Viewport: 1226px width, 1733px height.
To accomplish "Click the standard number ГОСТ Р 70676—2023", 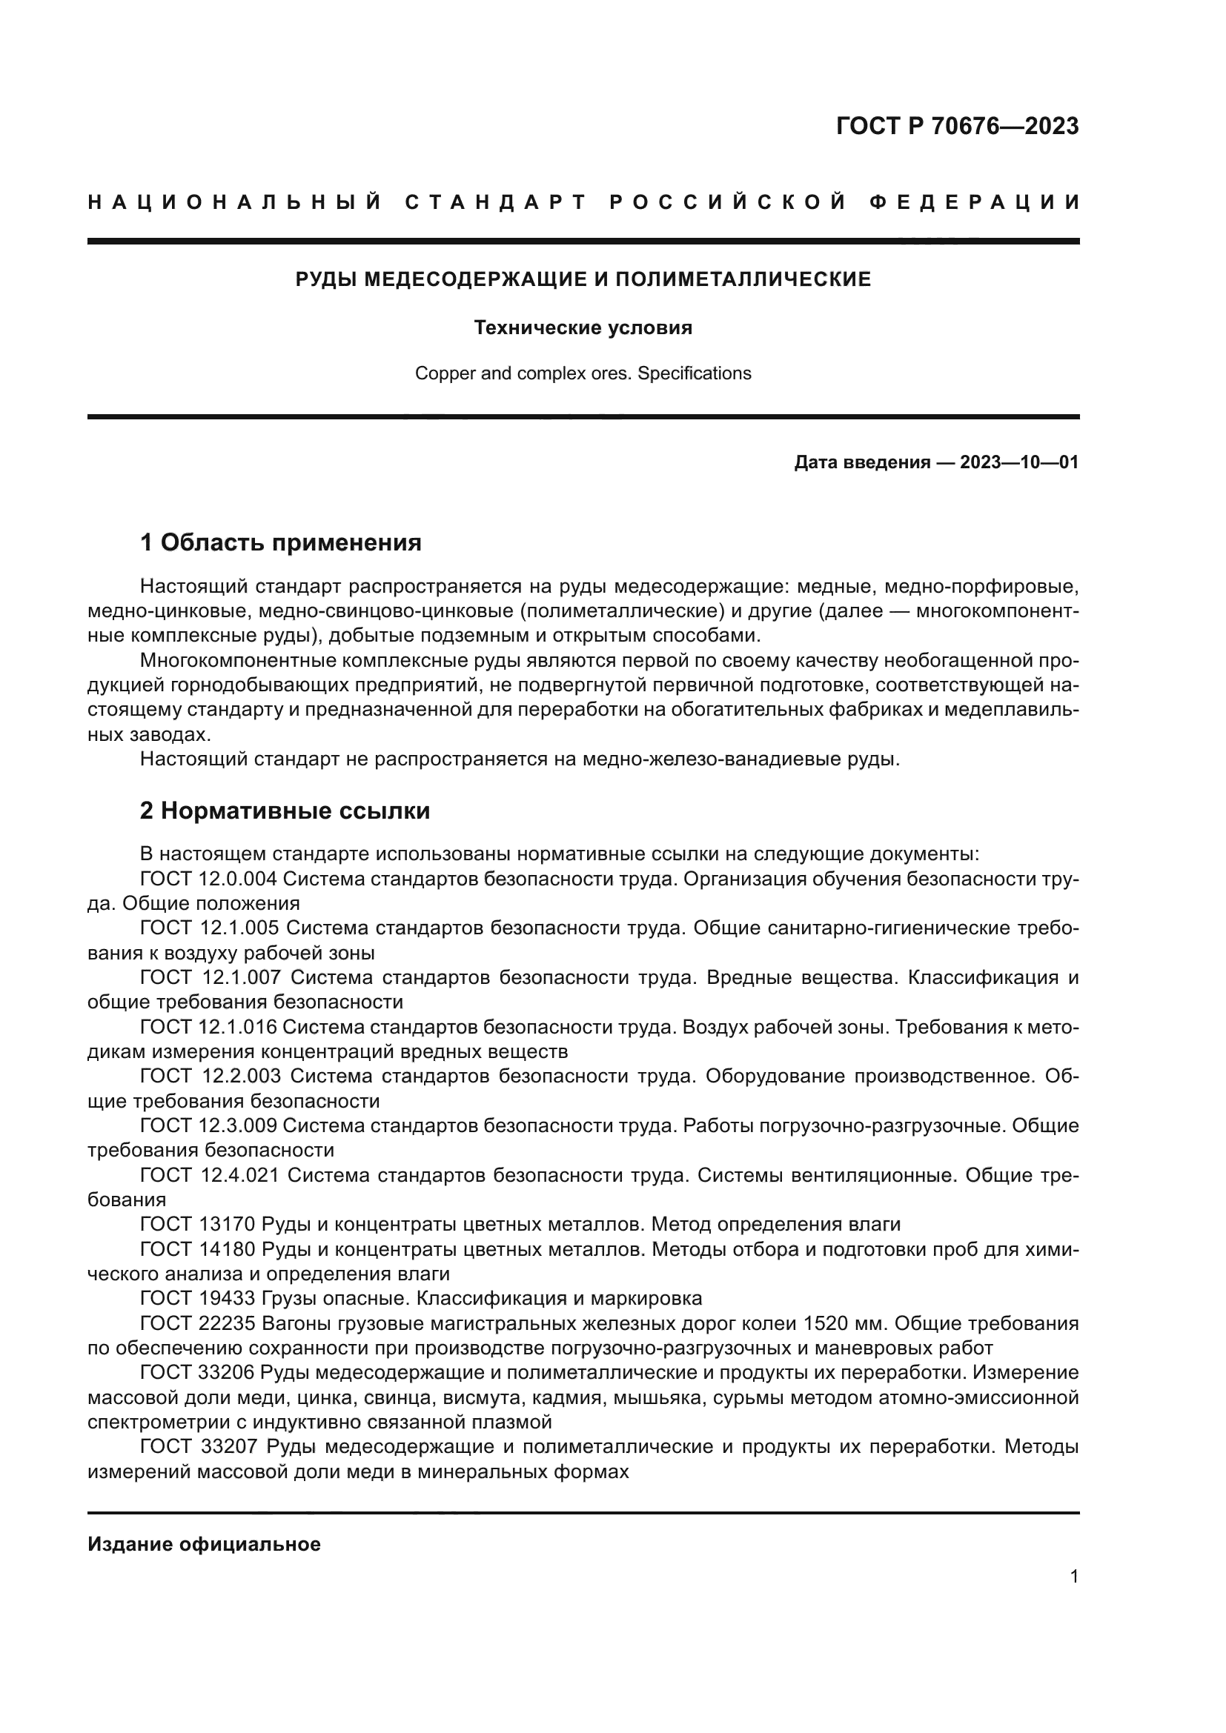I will (956, 126).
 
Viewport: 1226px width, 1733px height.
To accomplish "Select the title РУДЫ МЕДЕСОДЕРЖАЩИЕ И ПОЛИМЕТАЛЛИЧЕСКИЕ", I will (583, 280).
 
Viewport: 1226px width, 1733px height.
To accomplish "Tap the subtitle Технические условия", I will (583, 328).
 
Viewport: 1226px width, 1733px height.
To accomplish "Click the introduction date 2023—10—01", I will (1019, 462).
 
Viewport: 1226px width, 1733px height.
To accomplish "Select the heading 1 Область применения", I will (281, 542).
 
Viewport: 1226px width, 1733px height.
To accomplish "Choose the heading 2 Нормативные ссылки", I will (285, 811).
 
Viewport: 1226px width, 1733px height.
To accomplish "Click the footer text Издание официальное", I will (205, 1544).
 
